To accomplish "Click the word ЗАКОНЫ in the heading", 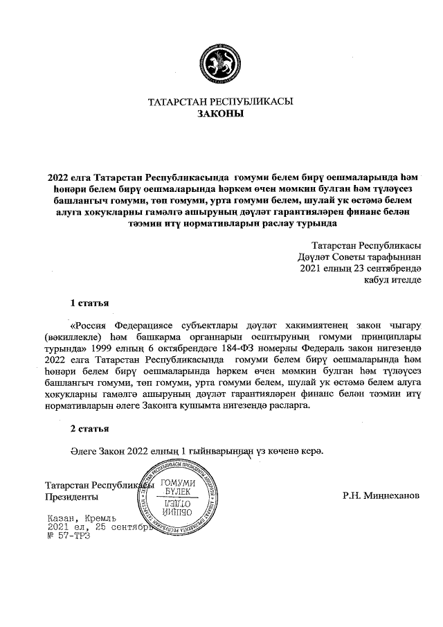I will point(221,114).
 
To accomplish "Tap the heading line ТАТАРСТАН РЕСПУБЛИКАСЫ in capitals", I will point(221,102).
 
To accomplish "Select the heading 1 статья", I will point(89,303).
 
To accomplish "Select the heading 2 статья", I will point(89,429).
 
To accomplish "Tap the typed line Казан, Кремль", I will point(81,518).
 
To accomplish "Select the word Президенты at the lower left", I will point(71,497).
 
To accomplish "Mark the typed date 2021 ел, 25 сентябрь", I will point(97,527).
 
